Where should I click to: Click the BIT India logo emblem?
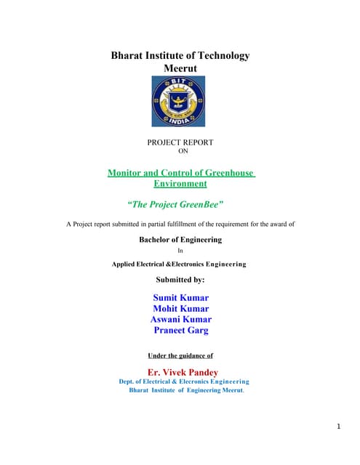[178, 102]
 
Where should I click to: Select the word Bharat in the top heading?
[127, 55]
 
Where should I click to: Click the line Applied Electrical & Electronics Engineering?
[179, 264]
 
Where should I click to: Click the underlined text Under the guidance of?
[180, 355]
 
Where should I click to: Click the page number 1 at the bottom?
[339, 426]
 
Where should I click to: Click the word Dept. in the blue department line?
[128, 381]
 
